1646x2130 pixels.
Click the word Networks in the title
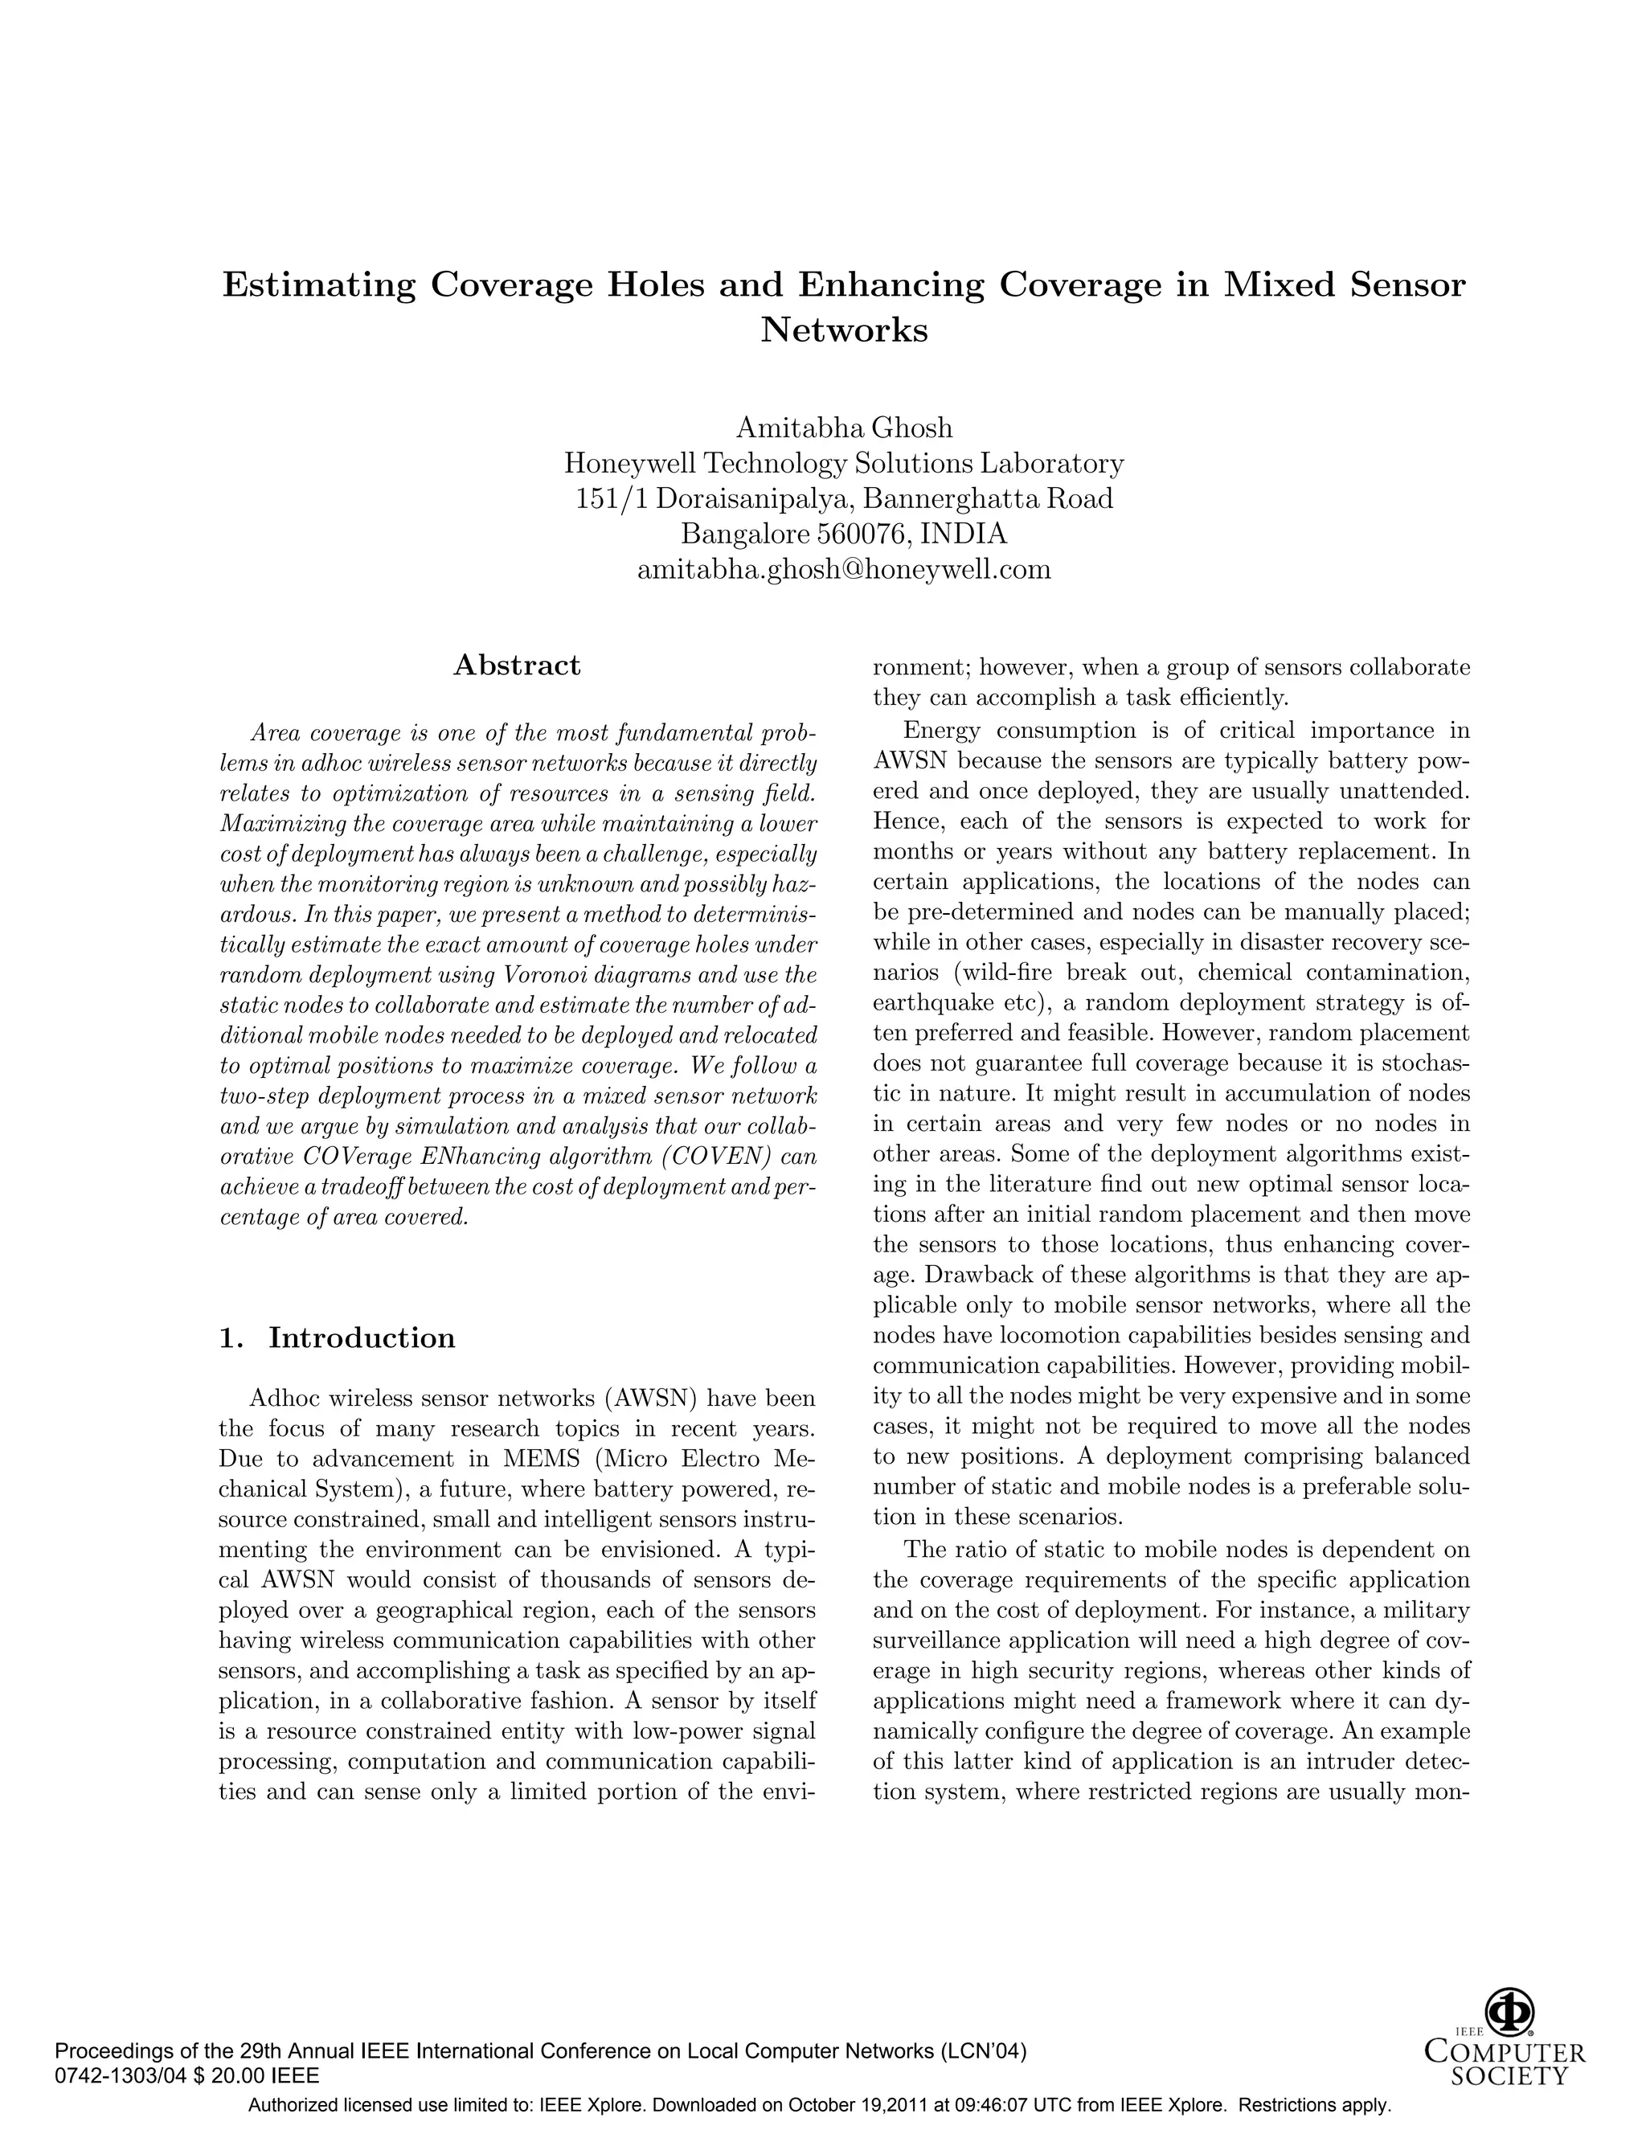coord(843,330)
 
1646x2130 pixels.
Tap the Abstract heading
coord(517,666)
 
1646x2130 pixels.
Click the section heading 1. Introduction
coord(338,1337)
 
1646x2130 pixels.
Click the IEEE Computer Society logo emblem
coord(1509,2013)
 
